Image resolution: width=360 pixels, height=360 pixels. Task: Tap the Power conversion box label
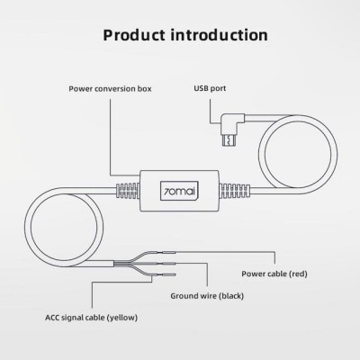[110, 89]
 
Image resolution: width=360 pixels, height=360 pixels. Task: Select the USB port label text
[210, 88]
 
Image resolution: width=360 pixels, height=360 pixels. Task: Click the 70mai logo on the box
[179, 191]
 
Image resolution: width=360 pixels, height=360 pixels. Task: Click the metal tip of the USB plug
[229, 139]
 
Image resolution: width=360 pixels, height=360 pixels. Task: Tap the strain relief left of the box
[128, 191]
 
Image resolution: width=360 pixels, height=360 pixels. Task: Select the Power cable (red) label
[274, 274]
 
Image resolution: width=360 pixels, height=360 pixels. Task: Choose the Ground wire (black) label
[207, 296]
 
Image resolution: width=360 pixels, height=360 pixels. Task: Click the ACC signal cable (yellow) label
[92, 318]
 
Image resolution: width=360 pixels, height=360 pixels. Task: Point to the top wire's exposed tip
[169, 253]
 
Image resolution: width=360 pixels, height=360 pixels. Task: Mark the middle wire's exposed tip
[169, 264]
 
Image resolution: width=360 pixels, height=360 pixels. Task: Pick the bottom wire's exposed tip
[169, 274]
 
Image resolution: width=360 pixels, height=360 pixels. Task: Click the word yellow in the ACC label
[122, 318]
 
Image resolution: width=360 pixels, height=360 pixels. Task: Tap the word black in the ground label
[231, 296]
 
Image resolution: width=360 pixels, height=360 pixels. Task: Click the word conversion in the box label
[113, 89]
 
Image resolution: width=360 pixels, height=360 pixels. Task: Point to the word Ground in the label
[182, 296]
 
